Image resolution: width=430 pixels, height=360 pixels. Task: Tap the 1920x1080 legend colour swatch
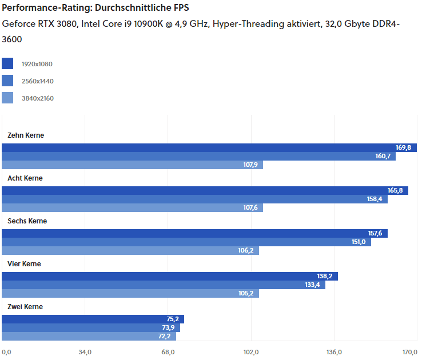tap(7, 64)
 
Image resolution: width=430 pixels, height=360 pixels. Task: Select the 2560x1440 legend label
tap(37, 81)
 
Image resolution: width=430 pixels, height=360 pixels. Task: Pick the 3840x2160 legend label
tap(37, 98)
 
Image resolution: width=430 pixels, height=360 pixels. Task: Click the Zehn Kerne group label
tap(25, 135)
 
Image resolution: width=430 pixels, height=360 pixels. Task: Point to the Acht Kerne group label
tap(25, 178)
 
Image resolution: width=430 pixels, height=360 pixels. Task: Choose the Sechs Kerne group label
tap(27, 221)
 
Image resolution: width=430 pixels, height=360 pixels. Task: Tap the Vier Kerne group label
tap(24, 264)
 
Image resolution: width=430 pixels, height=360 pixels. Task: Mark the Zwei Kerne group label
tap(25, 307)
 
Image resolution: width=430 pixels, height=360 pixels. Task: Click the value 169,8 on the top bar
tap(403, 147)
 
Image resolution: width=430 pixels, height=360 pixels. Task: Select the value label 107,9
tap(250, 165)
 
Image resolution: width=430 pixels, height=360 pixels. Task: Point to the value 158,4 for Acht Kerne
tap(375, 199)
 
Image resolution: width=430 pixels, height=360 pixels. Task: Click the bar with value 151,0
tap(186, 242)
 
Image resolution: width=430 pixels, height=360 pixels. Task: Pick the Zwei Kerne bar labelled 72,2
tap(89, 336)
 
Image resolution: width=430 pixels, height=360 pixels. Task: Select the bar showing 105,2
tap(130, 293)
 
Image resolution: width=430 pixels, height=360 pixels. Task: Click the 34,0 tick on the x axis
tap(85, 351)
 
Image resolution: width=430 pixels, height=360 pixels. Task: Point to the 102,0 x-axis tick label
tap(251, 351)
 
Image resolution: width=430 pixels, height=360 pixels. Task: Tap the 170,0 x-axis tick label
tap(410, 351)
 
